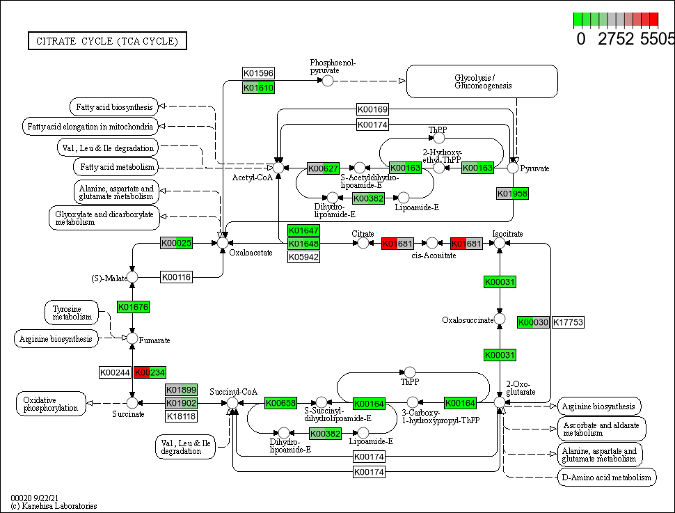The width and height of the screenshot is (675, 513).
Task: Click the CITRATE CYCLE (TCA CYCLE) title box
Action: tap(107, 41)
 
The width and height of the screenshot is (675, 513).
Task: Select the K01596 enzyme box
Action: tap(258, 73)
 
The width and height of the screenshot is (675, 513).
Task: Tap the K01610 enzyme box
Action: tap(258, 88)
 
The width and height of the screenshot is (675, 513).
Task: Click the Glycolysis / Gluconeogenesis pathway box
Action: tap(482, 81)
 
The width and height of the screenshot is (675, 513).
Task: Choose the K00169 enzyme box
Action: tap(372, 109)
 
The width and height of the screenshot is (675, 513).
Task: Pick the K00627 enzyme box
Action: tap(323, 168)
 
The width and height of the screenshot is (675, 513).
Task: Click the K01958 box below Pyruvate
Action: tap(513, 194)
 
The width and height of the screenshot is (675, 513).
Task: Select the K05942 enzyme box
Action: tap(303, 257)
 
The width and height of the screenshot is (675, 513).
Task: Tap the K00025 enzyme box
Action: tap(176, 243)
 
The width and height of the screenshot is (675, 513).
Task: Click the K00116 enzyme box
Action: tap(176, 277)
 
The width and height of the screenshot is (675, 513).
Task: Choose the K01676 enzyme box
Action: tap(133, 307)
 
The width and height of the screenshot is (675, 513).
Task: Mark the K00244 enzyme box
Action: tap(115, 372)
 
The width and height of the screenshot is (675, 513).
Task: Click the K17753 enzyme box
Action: tap(568, 322)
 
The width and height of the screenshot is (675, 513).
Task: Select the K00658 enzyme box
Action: tap(280, 403)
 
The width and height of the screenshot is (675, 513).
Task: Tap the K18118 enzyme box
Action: tap(181, 416)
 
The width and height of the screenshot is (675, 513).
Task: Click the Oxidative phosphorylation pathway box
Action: tap(51, 404)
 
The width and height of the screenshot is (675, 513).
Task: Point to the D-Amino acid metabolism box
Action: tap(607, 477)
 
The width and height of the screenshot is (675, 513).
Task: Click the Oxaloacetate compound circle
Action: tap(223, 242)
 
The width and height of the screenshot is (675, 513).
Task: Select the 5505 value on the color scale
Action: tap(658, 38)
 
